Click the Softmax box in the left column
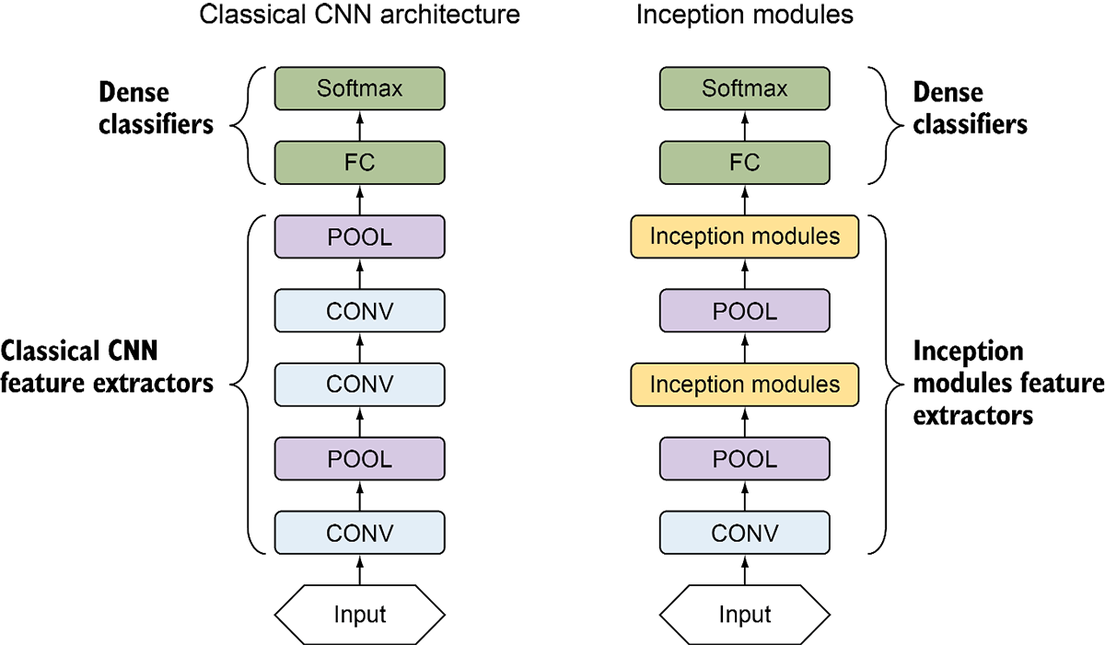point(359,89)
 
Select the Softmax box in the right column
point(744,89)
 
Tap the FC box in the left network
point(359,163)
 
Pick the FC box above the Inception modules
point(744,163)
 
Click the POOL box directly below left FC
point(359,237)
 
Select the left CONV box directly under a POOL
point(359,311)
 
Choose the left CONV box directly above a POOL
point(359,385)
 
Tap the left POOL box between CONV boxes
point(359,459)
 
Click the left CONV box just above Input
point(359,533)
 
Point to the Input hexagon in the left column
point(359,615)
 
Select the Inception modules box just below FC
point(744,237)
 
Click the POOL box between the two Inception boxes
point(744,311)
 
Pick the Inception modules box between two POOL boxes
point(744,385)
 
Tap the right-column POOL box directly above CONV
point(744,459)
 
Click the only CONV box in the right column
point(744,533)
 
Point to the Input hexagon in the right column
point(744,615)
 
